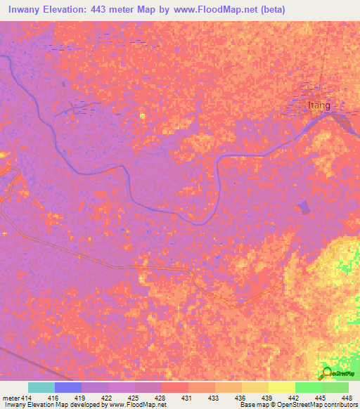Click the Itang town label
(319, 105)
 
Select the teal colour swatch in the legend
(41, 387)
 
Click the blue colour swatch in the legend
(68, 387)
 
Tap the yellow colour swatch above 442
(282, 387)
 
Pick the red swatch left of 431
(175, 387)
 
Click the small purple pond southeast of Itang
(304, 207)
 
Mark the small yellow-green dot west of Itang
(143, 116)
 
